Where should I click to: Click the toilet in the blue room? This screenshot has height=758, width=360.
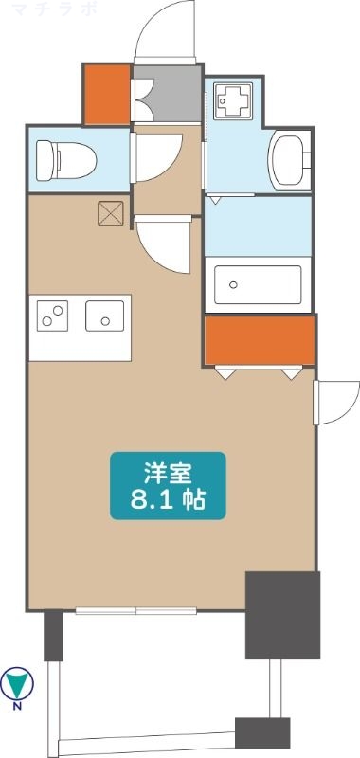coord(66,160)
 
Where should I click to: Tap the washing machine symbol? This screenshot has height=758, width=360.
coord(233,101)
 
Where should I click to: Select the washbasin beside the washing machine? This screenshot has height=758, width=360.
coord(290,159)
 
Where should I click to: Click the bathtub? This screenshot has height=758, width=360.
coord(258,285)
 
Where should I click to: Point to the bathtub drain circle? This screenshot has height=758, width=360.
coord(233,285)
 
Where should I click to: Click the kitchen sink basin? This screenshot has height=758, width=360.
coord(105,316)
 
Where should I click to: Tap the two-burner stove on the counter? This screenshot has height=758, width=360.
coord(52,316)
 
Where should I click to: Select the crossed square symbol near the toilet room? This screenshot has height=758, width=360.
coord(111,213)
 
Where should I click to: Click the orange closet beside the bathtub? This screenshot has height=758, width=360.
coord(260,340)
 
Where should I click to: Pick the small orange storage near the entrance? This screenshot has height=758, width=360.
coord(107,94)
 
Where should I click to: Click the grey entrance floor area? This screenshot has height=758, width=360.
coord(168,94)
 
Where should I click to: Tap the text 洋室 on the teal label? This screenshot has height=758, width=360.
coord(169,474)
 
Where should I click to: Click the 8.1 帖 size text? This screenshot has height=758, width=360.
coord(169,500)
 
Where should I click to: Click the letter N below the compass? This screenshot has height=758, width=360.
coord(17,706)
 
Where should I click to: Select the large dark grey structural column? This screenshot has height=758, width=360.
coord(282,615)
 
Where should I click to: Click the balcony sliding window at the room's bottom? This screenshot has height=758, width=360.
coord(135,611)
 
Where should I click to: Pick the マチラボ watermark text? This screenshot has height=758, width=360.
coord(56,9)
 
